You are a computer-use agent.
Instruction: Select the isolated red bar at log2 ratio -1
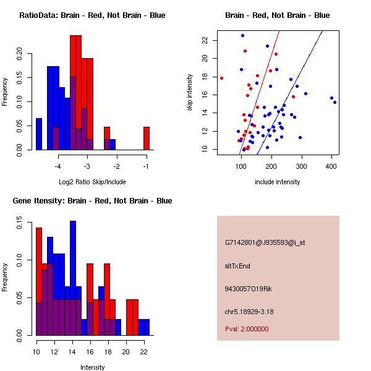point(147,138)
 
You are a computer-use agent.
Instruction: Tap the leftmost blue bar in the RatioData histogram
point(38,134)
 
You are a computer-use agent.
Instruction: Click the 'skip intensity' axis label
point(190,92)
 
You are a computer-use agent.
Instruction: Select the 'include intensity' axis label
point(278,182)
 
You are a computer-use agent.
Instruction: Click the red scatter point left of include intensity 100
point(221,78)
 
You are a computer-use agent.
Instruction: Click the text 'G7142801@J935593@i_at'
point(265,242)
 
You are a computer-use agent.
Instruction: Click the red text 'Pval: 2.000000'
point(247,329)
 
